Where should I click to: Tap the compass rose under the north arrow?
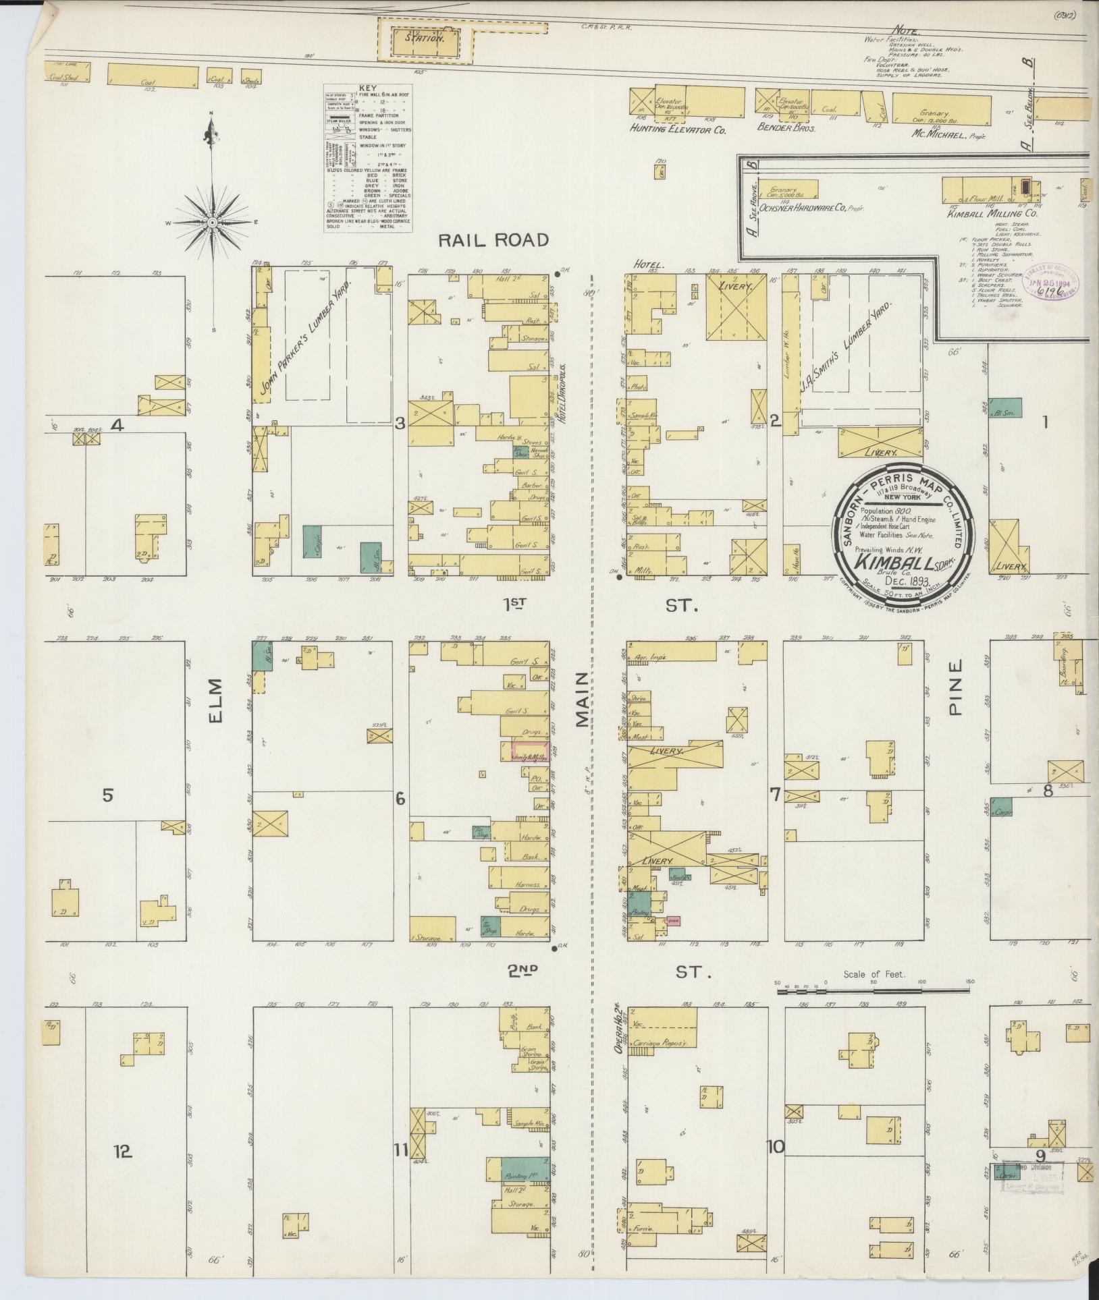[x=213, y=222]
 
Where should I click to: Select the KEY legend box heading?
[x=367, y=88]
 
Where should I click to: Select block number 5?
[x=107, y=795]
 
